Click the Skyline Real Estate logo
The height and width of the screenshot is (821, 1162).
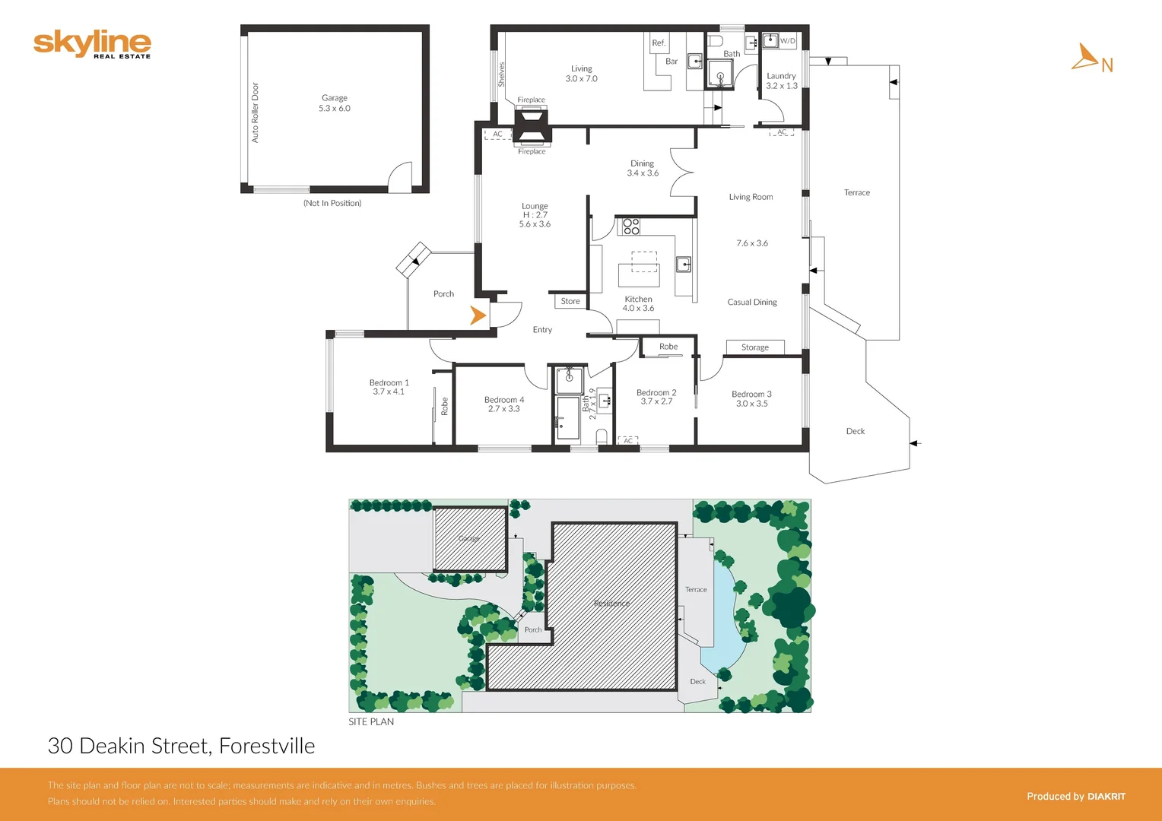click(92, 44)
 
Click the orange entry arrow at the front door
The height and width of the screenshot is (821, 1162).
click(478, 315)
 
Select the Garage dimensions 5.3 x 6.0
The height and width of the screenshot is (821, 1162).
click(335, 109)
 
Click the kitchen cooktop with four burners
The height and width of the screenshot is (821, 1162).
click(631, 226)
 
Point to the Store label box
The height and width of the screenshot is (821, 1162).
click(570, 301)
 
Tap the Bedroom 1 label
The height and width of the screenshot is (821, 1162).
click(389, 382)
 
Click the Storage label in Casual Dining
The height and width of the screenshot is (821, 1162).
click(755, 347)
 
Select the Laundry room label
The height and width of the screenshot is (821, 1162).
click(781, 76)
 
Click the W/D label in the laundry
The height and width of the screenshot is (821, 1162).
click(787, 41)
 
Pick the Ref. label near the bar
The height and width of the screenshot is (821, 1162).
click(659, 43)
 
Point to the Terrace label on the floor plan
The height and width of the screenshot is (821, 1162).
click(856, 193)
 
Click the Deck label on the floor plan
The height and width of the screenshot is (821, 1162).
click(855, 431)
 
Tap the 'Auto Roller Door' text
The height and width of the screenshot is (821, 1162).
click(256, 113)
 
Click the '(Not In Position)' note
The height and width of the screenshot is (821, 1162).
click(332, 203)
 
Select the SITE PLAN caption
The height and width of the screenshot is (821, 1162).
click(371, 721)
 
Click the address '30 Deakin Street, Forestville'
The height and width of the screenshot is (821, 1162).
click(181, 746)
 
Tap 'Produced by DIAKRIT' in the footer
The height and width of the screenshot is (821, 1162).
click(1075, 796)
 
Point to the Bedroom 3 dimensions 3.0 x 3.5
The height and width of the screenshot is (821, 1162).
click(751, 404)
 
